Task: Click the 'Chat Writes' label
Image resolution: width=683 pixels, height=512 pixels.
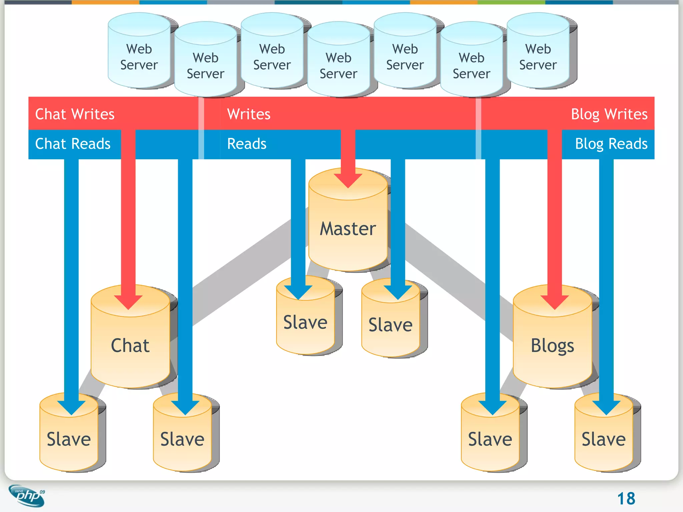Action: click(x=75, y=114)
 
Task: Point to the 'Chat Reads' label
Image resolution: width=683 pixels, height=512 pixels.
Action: click(x=73, y=144)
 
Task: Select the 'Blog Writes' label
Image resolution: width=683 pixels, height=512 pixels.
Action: click(x=609, y=114)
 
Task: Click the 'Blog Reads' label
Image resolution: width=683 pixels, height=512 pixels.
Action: click(x=611, y=144)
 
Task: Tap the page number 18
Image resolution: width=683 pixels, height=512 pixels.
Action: click(x=626, y=499)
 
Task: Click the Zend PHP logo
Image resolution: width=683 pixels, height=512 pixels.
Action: click(x=27, y=496)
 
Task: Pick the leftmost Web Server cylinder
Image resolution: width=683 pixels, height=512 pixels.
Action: click(x=139, y=57)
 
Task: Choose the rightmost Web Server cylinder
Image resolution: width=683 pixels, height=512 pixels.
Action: click(x=538, y=57)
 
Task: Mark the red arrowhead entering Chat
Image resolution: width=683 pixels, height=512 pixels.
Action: click(x=128, y=302)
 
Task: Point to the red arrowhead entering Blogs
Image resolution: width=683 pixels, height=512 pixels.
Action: click(x=554, y=302)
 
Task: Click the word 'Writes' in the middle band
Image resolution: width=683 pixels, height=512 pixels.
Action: click(x=248, y=114)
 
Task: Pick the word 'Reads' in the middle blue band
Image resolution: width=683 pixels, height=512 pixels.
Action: click(x=247, y=144)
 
